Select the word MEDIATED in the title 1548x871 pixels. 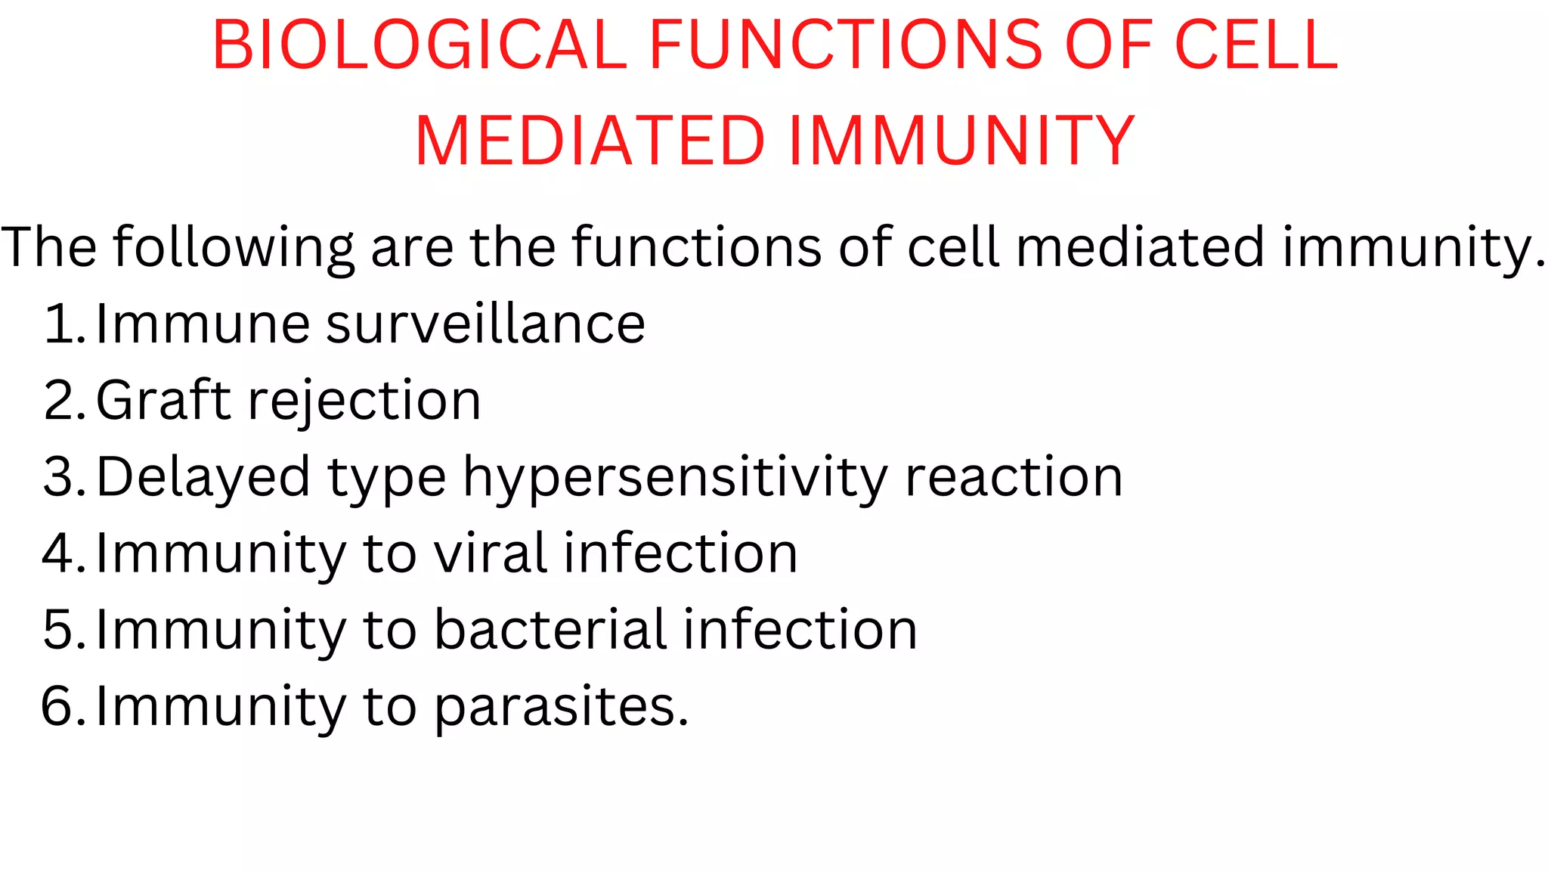(x=590, y=141)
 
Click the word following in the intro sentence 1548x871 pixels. (x=234, y=248)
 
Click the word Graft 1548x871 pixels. (x=163, y=401)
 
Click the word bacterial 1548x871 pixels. (x=550, y=631)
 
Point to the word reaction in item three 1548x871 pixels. (x=1014, y=478)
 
